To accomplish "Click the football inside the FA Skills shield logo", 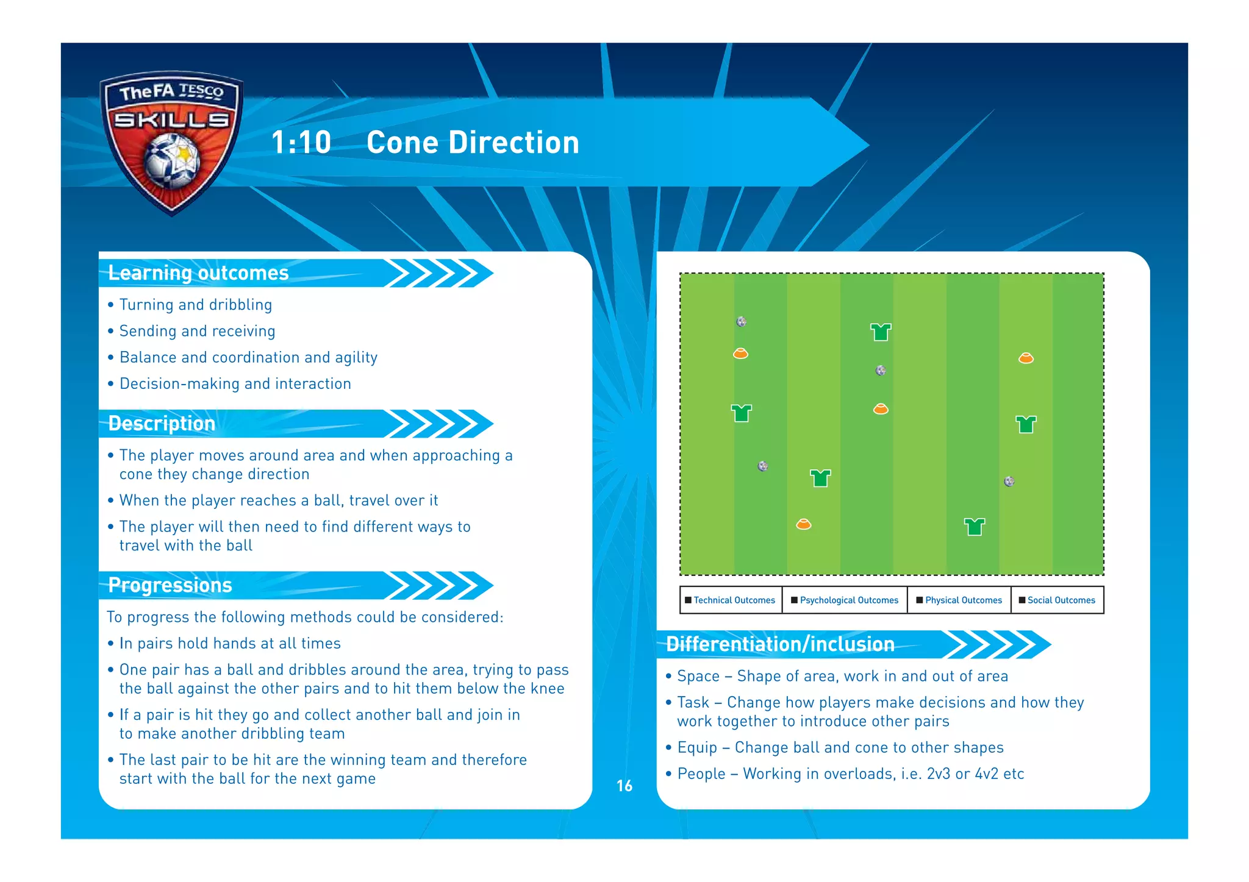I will [173, 160].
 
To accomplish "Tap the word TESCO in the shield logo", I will [201, 91].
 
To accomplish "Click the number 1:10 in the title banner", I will [301, 143].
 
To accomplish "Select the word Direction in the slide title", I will [514, 143].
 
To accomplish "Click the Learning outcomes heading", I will [198, 273].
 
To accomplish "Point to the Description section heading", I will [162, 424].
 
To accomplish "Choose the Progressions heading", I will [170, 585].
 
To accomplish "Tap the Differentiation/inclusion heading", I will [780, 644].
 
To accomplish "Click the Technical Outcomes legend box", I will [731, 600].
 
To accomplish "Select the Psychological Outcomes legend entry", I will [845, 600].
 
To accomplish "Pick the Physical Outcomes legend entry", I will [959, 600].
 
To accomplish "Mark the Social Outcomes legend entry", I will [1058, 600].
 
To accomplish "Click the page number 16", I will [624, 786].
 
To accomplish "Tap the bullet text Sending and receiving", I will [197, 331].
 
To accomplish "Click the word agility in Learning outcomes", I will [356, 358].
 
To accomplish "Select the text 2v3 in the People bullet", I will [938, 774].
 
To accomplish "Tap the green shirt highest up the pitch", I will [881, 332].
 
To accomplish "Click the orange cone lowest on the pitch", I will [804, 524].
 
